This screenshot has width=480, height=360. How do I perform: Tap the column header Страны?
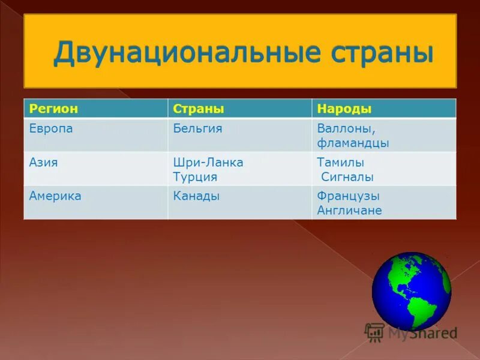pos(199,109)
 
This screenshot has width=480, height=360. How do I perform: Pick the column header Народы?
pos(344,109)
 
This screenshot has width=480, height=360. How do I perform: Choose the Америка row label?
pos(55,196)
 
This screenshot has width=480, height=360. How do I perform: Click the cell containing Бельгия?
pos(197,128)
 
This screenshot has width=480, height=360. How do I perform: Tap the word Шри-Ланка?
pos(208,162)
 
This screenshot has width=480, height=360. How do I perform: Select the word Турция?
pos(195,177)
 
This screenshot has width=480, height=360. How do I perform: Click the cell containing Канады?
pos(196,196)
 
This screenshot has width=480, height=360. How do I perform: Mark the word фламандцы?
pos(353,143)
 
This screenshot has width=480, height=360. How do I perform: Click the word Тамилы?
pos(340,162)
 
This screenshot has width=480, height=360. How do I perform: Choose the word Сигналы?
pos(347,177)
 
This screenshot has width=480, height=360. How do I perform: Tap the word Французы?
pos(348,196)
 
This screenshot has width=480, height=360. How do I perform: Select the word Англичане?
pos(349,211)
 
